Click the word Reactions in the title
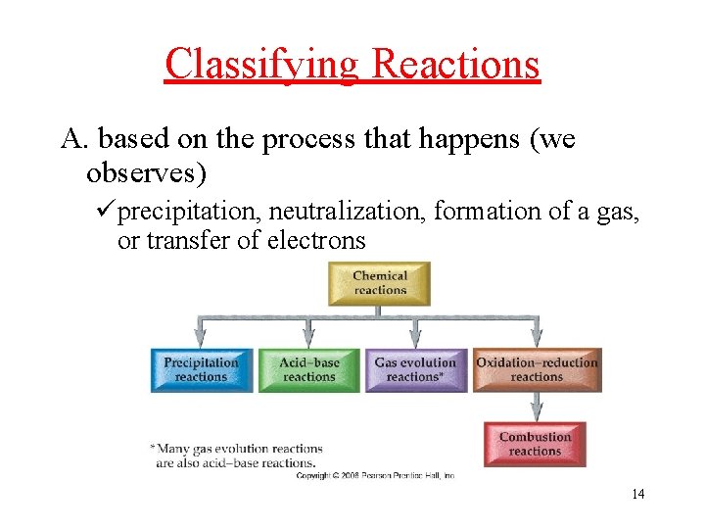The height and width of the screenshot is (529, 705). [456, 65]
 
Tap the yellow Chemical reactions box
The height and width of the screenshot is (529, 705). [379, 283]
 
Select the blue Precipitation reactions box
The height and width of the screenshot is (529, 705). [201, 369]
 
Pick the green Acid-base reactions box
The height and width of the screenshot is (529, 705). [308, 369]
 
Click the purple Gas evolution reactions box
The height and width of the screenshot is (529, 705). [415, 369]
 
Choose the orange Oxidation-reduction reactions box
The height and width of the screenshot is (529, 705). [537, 369]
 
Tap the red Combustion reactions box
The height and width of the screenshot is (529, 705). [535, 444]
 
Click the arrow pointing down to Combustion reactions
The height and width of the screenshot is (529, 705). [536, 407]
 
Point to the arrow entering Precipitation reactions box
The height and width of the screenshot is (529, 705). [201, 333]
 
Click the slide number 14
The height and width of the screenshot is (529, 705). [637, 494]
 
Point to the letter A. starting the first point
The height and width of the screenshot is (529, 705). [74, 140]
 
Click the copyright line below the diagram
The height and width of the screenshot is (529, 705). [375, 475]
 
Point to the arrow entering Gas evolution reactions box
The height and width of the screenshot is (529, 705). [415, 333]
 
